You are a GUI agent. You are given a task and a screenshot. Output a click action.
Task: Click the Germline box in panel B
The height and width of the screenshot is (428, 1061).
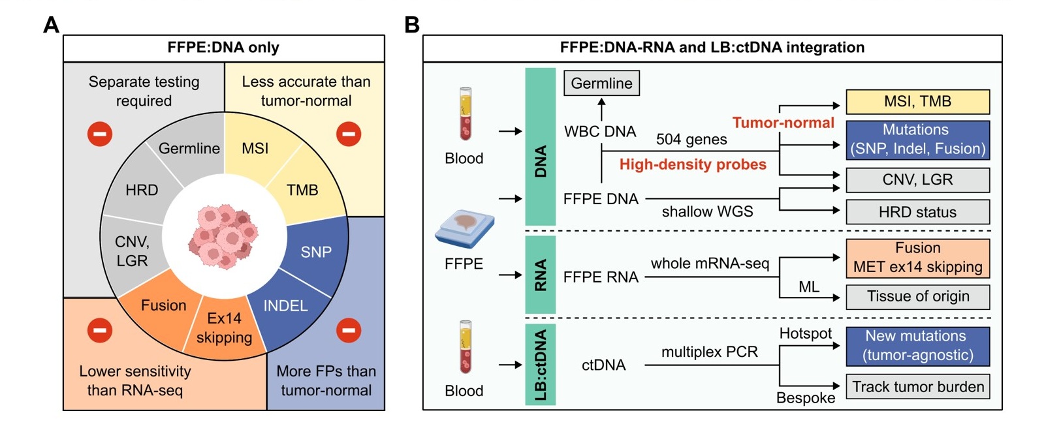(601, 84)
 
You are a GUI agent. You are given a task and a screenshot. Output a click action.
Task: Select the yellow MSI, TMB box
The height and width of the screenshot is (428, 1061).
(917, 102)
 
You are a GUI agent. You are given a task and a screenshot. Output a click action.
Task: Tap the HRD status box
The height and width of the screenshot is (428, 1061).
(917, 212)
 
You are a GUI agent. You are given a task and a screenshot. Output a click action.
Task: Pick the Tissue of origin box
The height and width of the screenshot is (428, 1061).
(917, 297)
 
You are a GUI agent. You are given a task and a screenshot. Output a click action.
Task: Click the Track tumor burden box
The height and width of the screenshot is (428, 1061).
(917, 387)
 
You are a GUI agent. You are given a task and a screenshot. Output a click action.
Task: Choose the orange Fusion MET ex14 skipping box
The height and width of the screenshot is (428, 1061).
(917, 258)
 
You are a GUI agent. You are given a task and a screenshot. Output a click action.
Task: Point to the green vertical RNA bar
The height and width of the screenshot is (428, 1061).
(541, 275)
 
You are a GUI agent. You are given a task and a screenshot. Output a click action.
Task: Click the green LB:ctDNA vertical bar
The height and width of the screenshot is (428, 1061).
(541, 364)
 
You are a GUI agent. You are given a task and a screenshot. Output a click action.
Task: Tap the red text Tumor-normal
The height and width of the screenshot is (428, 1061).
(783, 123)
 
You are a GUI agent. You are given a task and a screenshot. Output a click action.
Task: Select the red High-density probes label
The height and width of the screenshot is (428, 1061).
(693, 164)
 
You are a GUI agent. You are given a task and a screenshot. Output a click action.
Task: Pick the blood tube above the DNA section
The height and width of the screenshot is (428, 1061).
(465, 114)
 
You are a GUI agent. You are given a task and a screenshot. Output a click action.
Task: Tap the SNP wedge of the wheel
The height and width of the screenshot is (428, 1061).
(316, 252)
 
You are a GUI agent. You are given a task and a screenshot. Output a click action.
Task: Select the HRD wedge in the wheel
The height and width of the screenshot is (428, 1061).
(142, 190)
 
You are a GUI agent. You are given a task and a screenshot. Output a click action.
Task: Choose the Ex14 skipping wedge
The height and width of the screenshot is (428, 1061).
(224, 328)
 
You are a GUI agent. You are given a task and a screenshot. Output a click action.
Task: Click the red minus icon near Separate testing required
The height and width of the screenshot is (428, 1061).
(100, 134)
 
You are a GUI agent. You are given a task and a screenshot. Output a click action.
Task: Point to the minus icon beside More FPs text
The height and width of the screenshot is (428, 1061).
(349, 330)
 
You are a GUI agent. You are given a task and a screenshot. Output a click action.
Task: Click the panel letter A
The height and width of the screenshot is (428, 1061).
(51, 25)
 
